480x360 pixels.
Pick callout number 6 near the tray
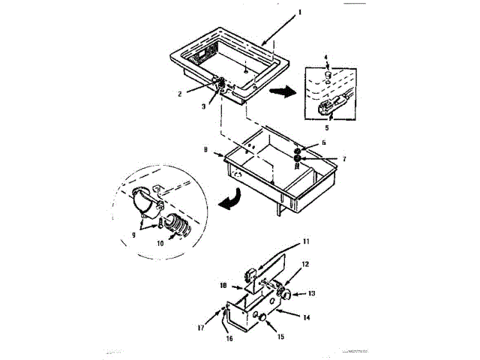(x=323, y=142)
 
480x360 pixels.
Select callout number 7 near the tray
(x=324, y=160)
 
